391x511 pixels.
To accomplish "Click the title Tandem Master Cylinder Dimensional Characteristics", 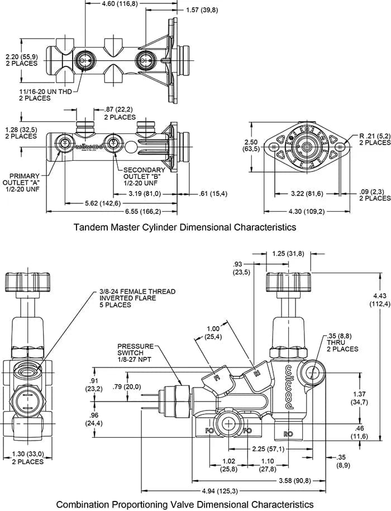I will tap(185, 227).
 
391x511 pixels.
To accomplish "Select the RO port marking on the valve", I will tap(289, 433).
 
